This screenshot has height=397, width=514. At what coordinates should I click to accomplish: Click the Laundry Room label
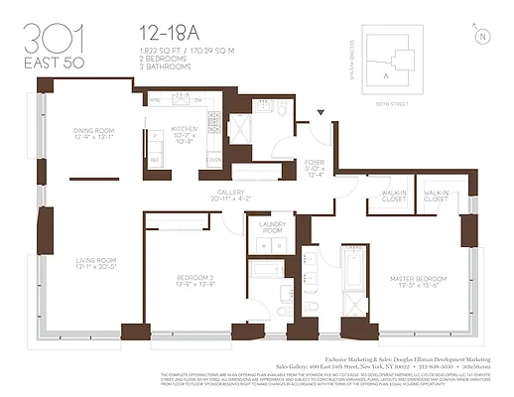pyautogui.click(x=271, y=227)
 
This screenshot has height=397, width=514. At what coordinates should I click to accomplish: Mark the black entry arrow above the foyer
pyautogui.click(x=320, y=115)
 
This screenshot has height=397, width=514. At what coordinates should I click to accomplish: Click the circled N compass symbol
pyautogui.click(x=482, y=37)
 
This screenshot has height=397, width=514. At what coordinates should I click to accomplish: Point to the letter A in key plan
pyautogui.click(x=386, y=71)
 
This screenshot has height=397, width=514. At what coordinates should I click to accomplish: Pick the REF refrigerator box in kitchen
pyautogui.click(x=154, y=159)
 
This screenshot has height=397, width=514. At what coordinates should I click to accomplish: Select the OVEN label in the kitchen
pyautogui.click(x=211, y=159)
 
